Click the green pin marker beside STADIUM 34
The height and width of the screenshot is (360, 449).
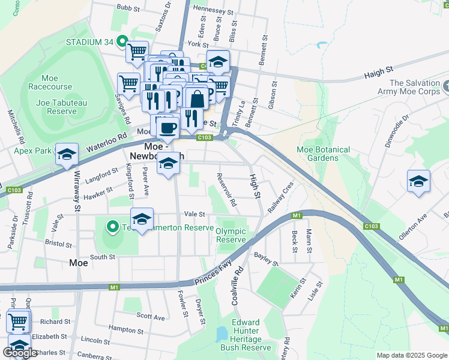pyautogui.click(x=122, y=42)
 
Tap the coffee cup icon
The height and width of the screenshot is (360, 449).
pyautogui.click(x=169, y=127)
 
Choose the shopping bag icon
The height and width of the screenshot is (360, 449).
pyautogui.click(x=197, y=98)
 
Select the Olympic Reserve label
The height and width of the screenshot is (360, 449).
pyautogui.click(x=231, y=235)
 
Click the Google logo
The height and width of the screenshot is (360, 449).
pyautogui.click(x=20, y=352)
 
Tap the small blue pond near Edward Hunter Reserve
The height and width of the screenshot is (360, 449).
pyautogui.click(x=221, y=334)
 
